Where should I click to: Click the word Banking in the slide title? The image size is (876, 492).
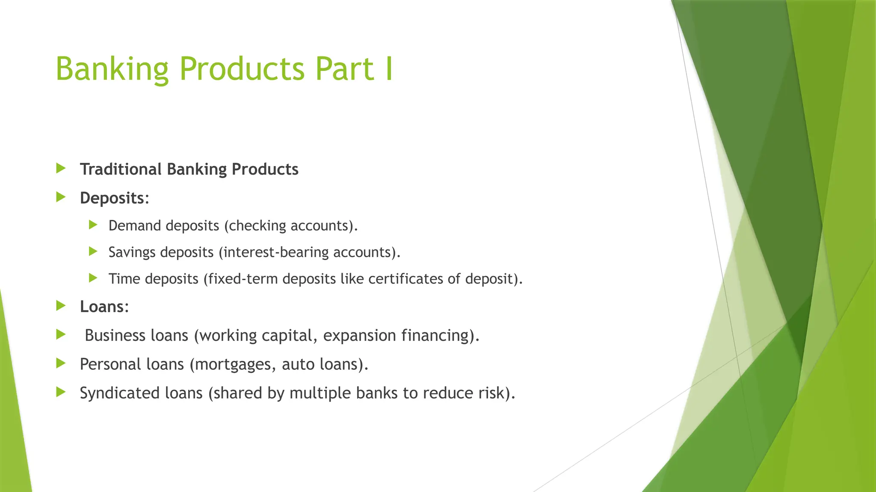point(112,69)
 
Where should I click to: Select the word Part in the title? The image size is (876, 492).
point(345,69)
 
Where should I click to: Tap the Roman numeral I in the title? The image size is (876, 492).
point(388,69)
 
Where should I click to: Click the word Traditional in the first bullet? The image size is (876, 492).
point(121,169)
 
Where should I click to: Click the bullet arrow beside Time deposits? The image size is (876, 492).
point(93,278)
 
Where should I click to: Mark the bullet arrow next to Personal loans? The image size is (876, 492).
point(61,363)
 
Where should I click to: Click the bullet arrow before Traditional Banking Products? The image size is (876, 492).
point(61,168)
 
